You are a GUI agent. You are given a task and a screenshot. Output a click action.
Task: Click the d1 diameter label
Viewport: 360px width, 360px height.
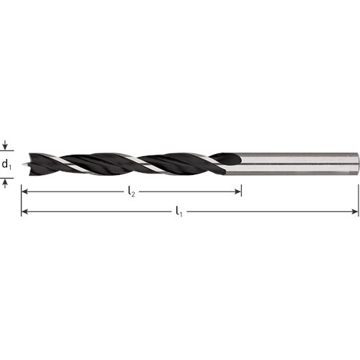coord(6,165)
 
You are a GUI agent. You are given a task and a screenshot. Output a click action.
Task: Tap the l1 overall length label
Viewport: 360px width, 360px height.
coord(178,212)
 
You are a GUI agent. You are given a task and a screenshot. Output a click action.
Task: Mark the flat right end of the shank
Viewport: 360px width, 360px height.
coord(357,163)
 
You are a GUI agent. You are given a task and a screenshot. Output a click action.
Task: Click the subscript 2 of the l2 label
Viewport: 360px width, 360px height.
coord(133,195)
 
